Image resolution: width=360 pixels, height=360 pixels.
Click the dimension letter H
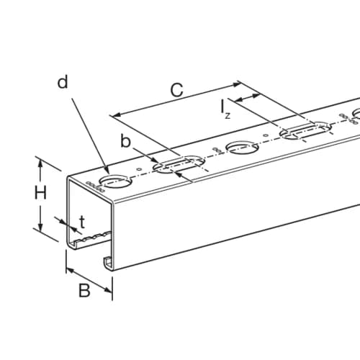coord(40,194)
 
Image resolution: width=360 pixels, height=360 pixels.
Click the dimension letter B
coord(84,290)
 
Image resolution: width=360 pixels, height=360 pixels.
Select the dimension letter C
coord(177,90)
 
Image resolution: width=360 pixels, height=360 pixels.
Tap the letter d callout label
coord(63,82)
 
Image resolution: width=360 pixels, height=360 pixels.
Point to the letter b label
coord(125,141)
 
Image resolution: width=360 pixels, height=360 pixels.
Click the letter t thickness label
coord(82,222)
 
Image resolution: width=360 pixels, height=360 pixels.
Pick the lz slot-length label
coord(225,109)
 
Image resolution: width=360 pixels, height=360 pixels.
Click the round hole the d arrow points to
coord(116,181)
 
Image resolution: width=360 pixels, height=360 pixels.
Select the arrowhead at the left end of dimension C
coord(117,114)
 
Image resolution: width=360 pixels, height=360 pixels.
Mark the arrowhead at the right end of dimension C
coord(236,84)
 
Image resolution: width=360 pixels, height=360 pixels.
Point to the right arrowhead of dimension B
coord(108,290)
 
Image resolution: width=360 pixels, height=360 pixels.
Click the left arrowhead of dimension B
coord(71,271)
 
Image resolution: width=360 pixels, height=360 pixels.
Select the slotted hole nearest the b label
coord(179,164)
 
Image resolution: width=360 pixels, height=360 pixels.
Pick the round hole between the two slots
coord(243,148)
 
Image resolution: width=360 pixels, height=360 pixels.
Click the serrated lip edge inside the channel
coord(92,237)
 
